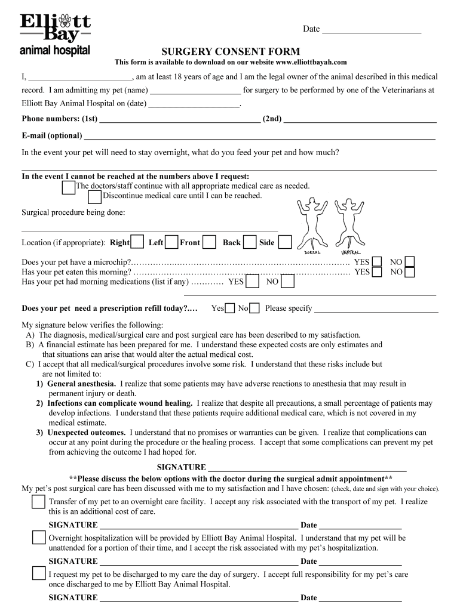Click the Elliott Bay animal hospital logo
56,35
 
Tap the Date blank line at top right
372,30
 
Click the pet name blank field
195,91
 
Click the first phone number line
180,119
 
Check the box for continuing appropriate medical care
69,187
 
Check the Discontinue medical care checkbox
94,197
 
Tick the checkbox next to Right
137,242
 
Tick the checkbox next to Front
209,242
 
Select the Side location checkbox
285,242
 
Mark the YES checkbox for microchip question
377,262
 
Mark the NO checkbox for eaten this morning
409,272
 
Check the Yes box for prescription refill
230,308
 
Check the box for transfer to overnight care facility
39,502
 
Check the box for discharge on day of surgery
39,575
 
